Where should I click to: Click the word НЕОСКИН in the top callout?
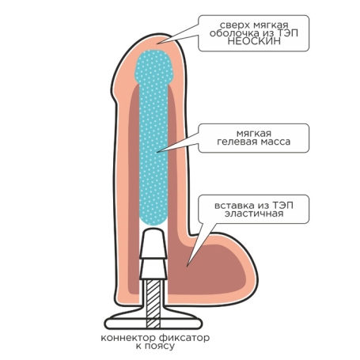254,41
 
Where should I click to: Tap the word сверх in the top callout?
235,25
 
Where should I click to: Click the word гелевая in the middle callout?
237,142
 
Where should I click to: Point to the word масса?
275,142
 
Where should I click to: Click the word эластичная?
254,214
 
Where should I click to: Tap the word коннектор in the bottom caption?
128,338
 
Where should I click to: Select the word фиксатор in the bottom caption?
184,338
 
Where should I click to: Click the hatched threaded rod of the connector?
153,303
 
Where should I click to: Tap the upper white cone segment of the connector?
153,244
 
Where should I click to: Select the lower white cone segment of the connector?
153,269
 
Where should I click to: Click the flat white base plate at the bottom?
153,324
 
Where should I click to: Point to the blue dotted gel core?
153,137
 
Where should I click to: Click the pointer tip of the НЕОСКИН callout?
157,44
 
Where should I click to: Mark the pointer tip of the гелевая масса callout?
157,152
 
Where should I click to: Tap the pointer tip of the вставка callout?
187,267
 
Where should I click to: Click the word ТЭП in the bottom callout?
282,205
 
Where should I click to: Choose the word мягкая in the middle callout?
254,134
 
